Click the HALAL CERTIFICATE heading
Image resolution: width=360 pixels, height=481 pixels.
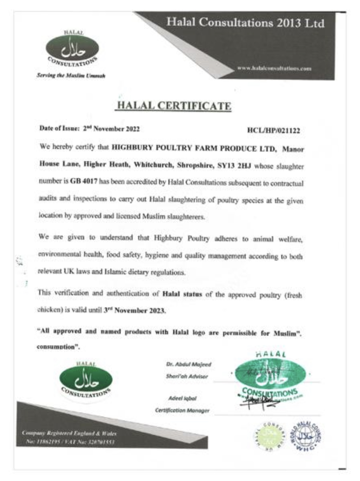(174, 106)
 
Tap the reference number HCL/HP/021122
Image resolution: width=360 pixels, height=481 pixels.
(273, 131)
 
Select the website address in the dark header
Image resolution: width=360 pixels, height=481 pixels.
(274, 69)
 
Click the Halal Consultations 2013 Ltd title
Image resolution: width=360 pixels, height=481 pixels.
(245, 23)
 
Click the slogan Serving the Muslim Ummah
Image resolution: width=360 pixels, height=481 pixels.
(71, 75)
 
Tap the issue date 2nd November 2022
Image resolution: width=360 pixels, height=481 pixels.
(112, 129)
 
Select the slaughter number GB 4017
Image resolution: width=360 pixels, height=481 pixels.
(84, 181)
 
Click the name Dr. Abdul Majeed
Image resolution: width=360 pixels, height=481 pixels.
(189, 364)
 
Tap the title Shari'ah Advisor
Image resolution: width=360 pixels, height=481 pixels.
(187, 376)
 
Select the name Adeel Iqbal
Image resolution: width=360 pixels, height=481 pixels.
(182, 398)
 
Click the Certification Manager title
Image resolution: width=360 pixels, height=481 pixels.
(182, 410)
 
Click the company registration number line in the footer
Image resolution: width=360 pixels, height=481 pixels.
(70, 442)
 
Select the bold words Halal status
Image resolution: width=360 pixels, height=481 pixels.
(182, 294)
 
